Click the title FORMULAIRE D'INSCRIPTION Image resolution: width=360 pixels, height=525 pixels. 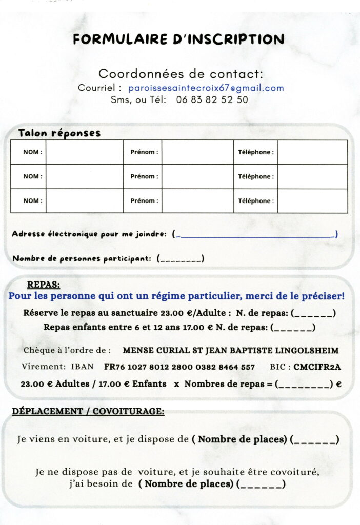click(178, 39)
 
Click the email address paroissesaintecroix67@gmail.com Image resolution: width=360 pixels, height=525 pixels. click(206, 88)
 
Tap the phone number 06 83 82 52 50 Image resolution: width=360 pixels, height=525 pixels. click(212, 100)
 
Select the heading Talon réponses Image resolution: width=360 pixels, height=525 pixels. click(59, 133)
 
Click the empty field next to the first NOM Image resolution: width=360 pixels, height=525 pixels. click(84, 152)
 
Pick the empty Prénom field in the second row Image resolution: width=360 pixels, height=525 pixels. click(197, 176)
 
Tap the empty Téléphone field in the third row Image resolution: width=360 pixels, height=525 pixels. click(312, 201)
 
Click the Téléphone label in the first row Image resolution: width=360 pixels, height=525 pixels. click(255, 152)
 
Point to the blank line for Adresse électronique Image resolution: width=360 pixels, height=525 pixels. click(255, 235)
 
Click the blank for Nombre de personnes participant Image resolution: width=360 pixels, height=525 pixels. click(181, 259)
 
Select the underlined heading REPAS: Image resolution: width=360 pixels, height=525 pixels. click(43, 285)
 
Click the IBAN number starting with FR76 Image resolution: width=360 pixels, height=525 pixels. click(179, 367)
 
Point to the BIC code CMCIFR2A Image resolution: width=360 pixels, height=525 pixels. click(317, 367)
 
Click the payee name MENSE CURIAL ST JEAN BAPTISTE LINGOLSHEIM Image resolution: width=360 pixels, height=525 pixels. click(231, 351)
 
